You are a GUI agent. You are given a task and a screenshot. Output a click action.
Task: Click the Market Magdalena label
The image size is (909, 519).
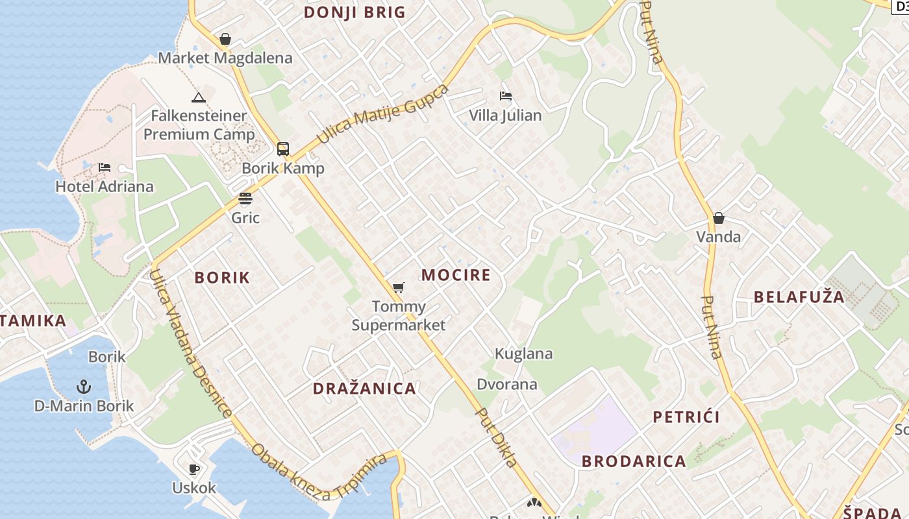[225, 58]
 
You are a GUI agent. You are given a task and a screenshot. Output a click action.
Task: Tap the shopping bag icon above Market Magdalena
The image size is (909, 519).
[225, 40]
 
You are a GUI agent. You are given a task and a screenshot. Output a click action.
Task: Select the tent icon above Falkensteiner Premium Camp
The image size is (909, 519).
[199, 98]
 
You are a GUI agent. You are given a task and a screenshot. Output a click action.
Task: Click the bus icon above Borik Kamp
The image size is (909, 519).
[283, 149]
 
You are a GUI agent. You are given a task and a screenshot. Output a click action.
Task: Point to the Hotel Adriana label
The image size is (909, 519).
[105, 187]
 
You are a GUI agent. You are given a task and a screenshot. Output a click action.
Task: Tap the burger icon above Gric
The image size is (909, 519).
[245, 199]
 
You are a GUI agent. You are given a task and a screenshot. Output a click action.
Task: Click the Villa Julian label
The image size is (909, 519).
[505, 115]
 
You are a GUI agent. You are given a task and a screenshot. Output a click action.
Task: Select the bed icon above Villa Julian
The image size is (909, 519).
[506, 97]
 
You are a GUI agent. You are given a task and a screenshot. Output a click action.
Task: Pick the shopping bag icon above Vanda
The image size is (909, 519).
[719, 218]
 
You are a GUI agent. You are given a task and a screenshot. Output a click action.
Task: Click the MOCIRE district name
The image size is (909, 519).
[456, 275]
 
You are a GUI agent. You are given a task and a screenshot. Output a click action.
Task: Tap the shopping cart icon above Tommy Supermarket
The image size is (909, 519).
[399, 287]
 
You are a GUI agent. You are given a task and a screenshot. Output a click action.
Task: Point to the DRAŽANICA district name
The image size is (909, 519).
[364, 389]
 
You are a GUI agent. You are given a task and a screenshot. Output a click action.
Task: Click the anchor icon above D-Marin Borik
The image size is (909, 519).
[84, 387]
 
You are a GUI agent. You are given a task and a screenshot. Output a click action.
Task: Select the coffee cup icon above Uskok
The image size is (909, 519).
[193, 469]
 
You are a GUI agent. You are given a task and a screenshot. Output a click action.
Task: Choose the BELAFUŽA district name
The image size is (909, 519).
[799, 297]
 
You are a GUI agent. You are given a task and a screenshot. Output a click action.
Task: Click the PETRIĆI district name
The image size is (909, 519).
[686, 416]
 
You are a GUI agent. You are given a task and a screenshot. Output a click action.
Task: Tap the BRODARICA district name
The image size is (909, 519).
[634, 461]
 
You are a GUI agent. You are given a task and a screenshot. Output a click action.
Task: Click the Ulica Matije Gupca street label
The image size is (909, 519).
[382, 115]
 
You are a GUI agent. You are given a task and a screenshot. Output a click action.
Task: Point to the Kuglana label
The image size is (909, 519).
[524, 354]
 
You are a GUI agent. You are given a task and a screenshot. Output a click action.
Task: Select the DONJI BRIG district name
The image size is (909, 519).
[355, 12]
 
